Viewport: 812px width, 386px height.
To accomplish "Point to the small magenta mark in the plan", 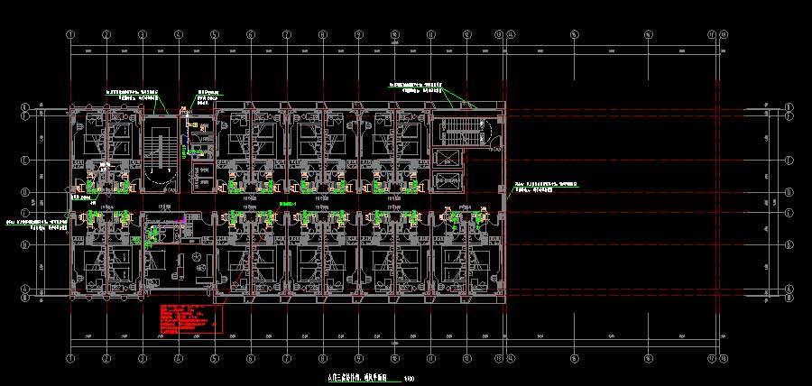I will (x=183, y=217).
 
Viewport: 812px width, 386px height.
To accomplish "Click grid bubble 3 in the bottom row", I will (x=143, y=357).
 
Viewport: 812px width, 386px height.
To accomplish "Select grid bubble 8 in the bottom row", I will (x=323, y=357).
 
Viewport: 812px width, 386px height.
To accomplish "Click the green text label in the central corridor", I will (x=289, y=205).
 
